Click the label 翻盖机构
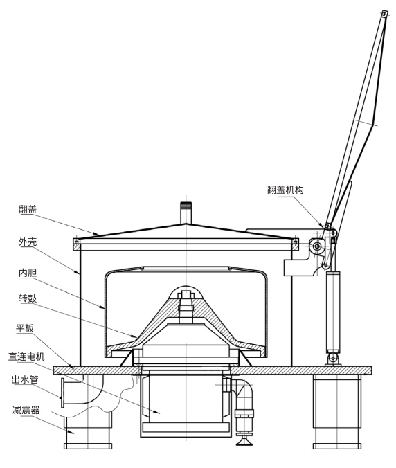pos(285,190)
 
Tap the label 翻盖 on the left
pos(28,209)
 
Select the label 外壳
pos(28,242)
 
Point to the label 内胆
pos(28,273)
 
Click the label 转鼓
pos(28,298)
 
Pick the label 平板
pos(25,328)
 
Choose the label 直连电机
pos(26,357)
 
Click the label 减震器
pos(26,410)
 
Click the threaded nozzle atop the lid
pos(186,213)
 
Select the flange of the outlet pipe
pos(62,393)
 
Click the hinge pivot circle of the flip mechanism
pos(317,246)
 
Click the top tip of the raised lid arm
pos(384,12)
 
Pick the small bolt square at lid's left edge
pos(76,242)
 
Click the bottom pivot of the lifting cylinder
pos(333,357)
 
